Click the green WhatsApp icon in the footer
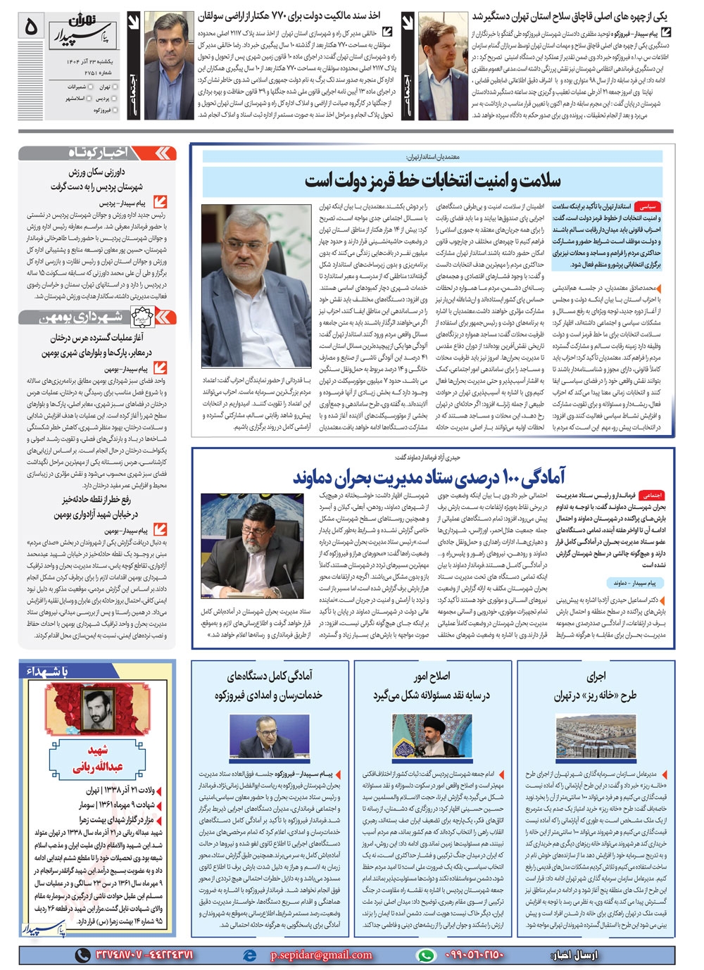point(425,955)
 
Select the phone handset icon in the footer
point(83,955)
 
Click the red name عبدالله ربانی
point(98,767)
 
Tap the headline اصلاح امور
point(432,676)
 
